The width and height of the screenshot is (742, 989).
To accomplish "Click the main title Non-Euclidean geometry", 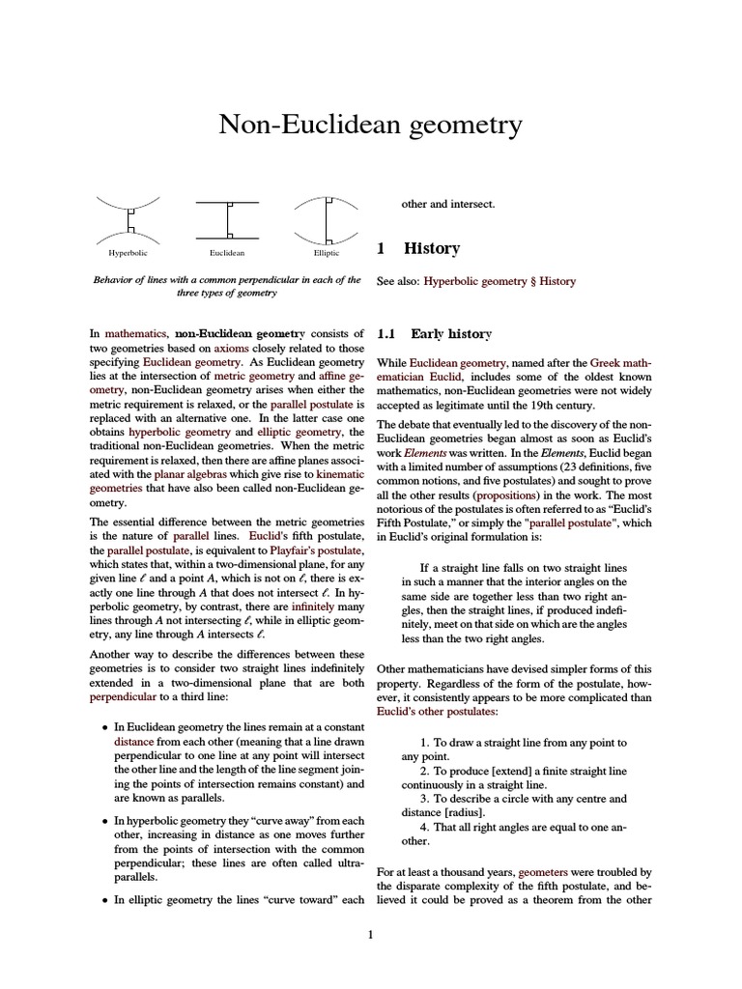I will [371, 125].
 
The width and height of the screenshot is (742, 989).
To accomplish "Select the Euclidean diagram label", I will [227, 253].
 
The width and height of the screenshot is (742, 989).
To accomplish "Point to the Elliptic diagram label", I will [327, 253].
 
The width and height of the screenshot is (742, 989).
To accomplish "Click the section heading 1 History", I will [418, 248].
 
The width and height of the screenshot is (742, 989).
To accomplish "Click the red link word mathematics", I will [135, 333].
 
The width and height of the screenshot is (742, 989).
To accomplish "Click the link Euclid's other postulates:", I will [438, 711].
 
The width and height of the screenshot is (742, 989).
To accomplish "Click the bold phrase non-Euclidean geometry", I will [239, 333].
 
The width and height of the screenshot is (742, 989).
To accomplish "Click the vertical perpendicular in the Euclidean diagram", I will [228, 220].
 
